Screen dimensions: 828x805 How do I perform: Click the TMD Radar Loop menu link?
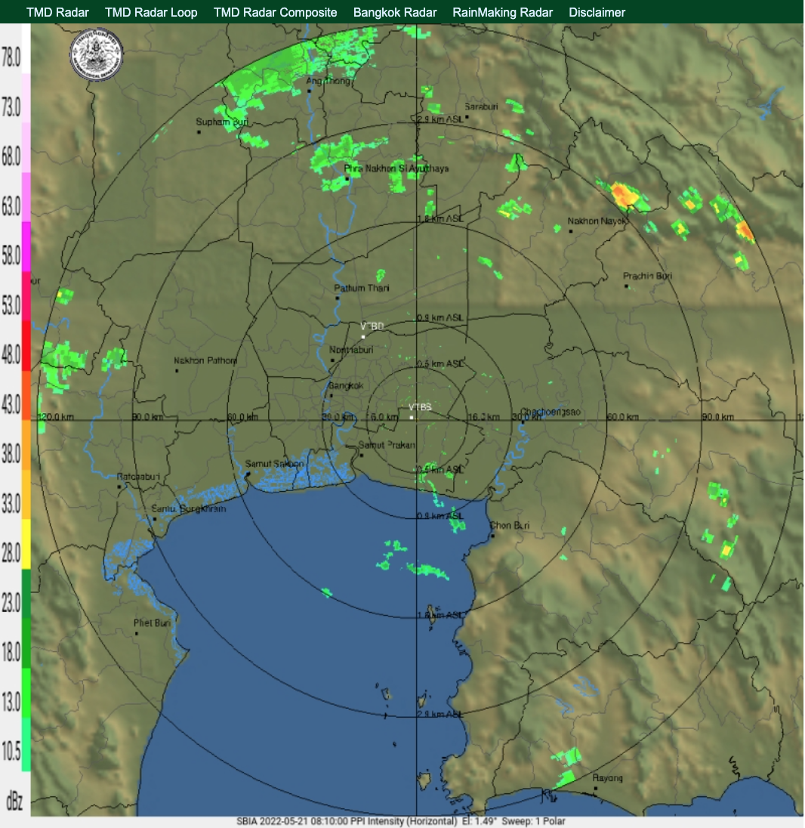pos(151,12)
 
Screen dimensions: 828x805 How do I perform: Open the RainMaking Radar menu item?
pos(502,12)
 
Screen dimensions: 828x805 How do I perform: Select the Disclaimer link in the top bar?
pos(597,12)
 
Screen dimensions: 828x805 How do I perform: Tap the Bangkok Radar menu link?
pos(395,12)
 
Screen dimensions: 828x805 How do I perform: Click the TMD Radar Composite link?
pos(276,12)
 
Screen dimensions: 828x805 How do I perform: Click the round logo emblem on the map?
pos(96,54)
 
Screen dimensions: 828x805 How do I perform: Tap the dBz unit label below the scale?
pos(13,801)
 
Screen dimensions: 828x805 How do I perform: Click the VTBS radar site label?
pos(420,407)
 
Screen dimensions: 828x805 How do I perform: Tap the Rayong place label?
pos(608,778)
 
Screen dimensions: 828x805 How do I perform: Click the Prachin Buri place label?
pos(647,277)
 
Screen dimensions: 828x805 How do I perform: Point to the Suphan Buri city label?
pos(222,122)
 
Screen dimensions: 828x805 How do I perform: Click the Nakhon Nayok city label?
pos(597,221)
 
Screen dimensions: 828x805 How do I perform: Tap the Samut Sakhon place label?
pos(275,464)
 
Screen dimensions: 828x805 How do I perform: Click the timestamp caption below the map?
pos(400,821)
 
